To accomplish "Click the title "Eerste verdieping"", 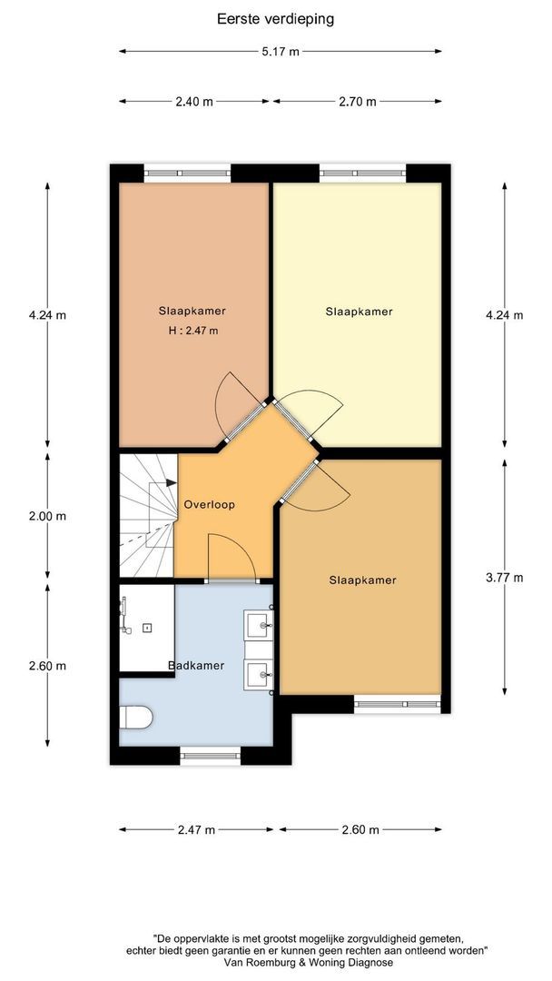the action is coord(275,19).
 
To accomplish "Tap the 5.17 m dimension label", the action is coord(281,52).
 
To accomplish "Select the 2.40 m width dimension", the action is coord(193,102).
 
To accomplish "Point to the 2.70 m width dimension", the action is coord(358,102).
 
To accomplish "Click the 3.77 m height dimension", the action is coord(505,578).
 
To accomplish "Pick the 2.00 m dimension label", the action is coord(47,517).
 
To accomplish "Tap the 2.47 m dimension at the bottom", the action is coord(196,830).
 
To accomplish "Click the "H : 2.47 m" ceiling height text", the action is coord(193,331).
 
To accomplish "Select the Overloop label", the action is coord(210,505).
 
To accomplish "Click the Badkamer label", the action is coord(196,666).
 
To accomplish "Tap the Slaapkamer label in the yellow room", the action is coord(360,312).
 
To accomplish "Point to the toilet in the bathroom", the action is coord(135,717).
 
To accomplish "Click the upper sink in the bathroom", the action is coord(259,623).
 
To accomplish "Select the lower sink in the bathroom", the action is coord(259,676).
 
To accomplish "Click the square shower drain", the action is coord(147,628).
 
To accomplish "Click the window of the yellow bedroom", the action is coord(362,173).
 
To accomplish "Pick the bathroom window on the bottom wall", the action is coord(211,756).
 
